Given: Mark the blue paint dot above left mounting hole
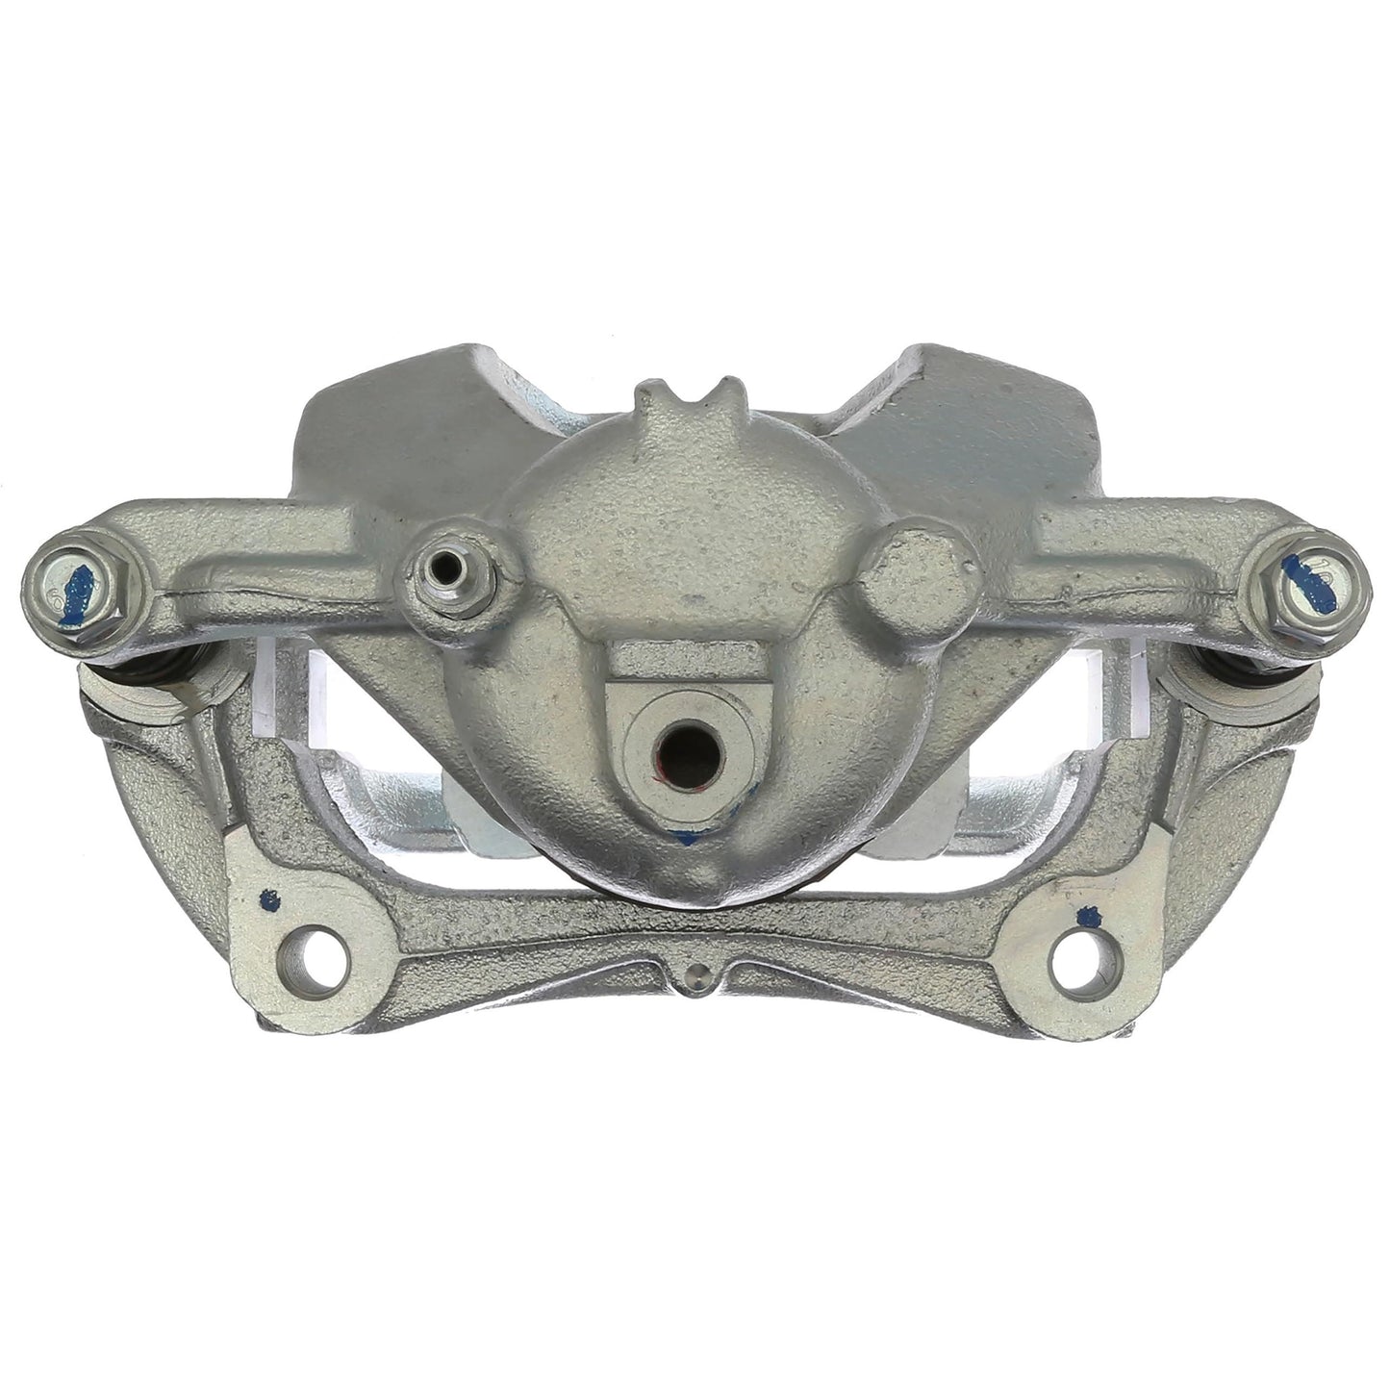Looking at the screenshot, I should tap(270, 902).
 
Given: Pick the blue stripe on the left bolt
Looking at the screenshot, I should tap(83, 583).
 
